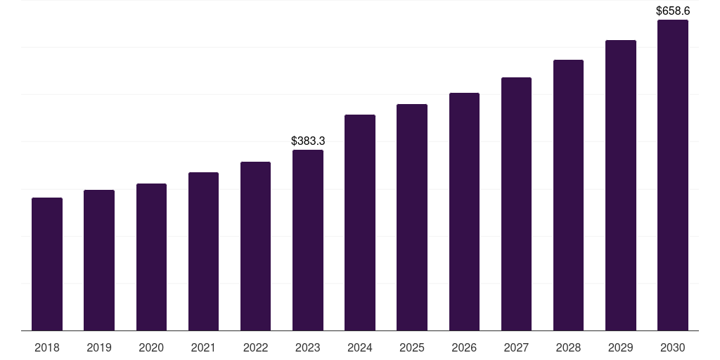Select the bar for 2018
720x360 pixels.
[x=47, y=264]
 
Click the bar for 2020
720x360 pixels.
[x=151, y=257]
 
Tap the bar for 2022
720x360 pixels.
[x=255, y=246]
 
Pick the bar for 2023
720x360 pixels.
[x=308, y=240]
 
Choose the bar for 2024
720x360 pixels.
[x=360, y=222]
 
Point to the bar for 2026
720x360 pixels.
[x=464, y=212]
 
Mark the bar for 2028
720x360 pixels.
[x=568, y=195]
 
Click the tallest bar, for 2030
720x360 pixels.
[x=673, y=175]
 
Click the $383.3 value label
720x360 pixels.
[x=308, y=141]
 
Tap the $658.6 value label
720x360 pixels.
[x=673, y=11]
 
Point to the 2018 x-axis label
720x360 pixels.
[x=47, y=347]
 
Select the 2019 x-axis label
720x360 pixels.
[x=99, y=347]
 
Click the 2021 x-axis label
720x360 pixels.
[x=203, y=347]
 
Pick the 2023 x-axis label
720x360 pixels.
[x=308, y=347]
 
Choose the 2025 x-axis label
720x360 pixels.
[x=412, y=347]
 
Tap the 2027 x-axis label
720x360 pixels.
[x=516, y=347]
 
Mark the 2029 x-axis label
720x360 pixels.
[x=621, y=347]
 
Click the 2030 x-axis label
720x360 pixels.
[x=673, y=347]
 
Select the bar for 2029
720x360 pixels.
[x=621, y=185]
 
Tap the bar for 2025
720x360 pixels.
[x=412, y=217]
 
